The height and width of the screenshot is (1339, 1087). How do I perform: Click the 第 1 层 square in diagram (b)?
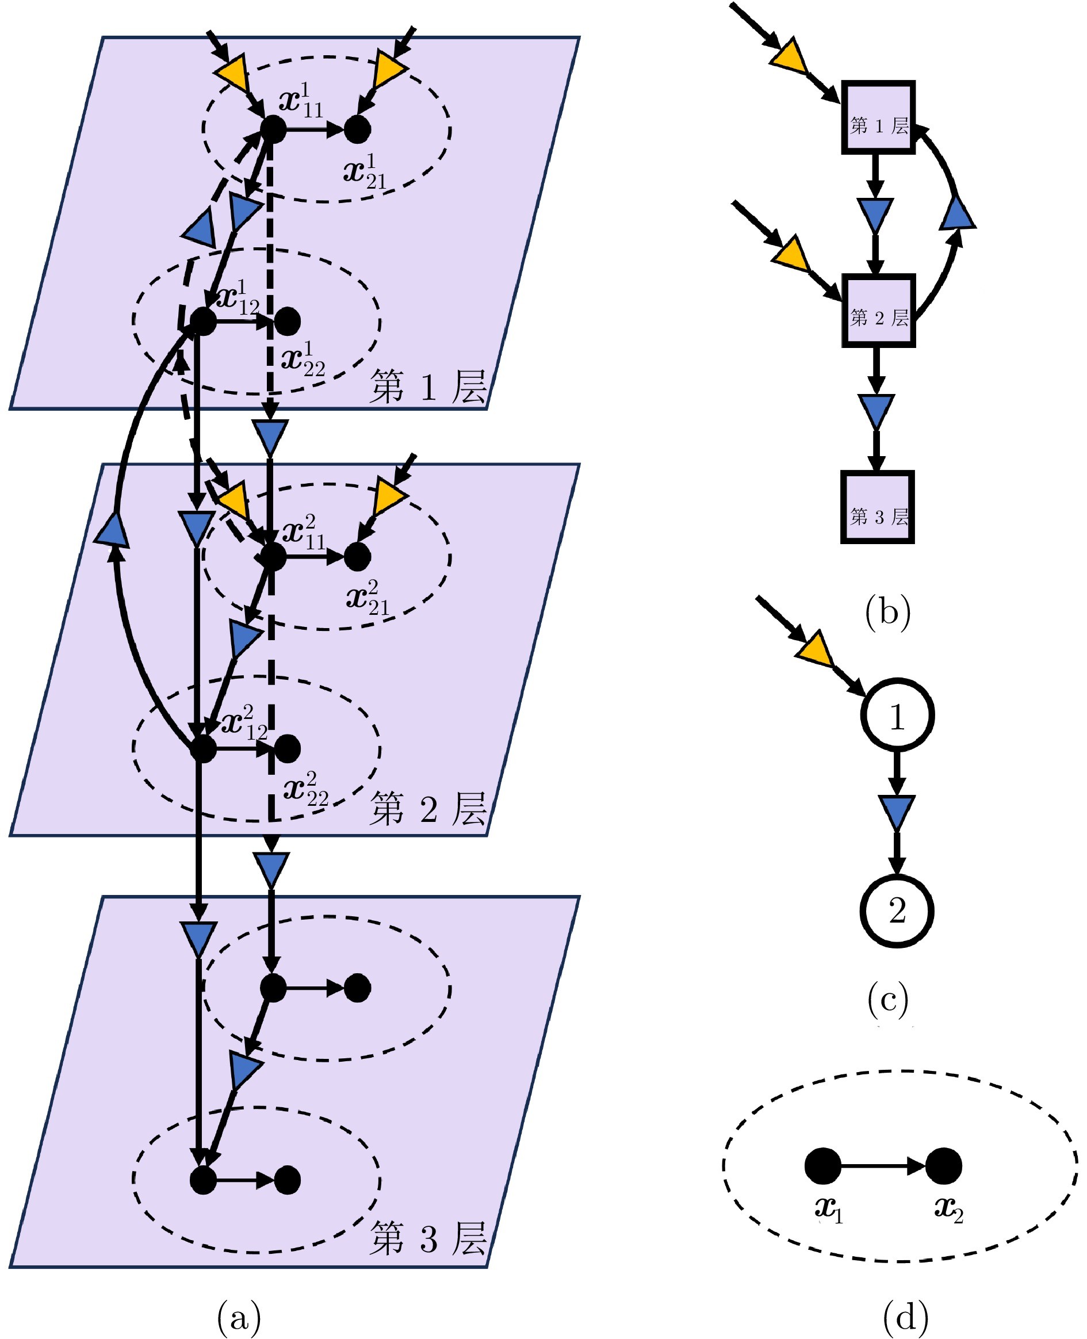coord(877,118)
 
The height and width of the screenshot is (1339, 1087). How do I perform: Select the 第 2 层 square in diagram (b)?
coord(877,310)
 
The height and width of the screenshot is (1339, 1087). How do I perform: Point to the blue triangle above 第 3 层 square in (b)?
coord(876,410)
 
